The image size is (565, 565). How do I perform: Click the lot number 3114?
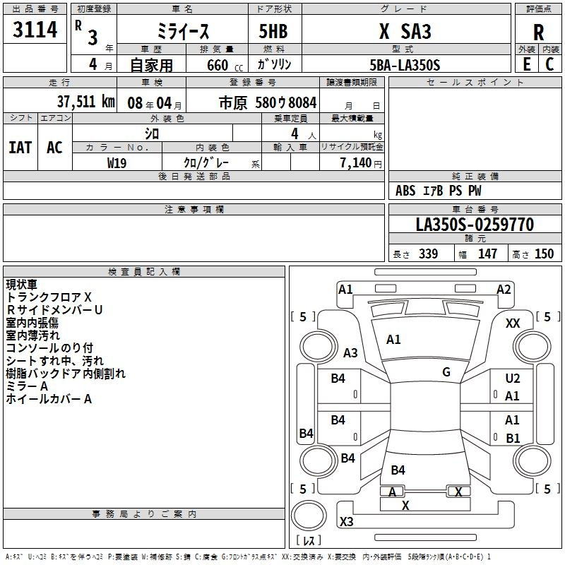click(x=35, y=29)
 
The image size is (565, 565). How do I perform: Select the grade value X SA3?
click(x=405, y=31)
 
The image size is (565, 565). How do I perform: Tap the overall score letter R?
click(x=538, y=32)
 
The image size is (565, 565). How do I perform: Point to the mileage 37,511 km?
click(x=85, y=102)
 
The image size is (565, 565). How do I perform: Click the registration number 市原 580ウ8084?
click(x=268, y=102)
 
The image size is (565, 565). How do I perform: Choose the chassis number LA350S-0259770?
click(x=475, y=225)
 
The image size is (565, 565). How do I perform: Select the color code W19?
click(x=117, y=163)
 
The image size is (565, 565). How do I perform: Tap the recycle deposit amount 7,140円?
click(x=361, y=163)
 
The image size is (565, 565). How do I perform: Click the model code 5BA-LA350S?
click(x=405, y=65)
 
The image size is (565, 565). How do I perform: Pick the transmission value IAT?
click(x=20, y=148)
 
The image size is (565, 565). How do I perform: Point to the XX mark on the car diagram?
click(x=513, y=323)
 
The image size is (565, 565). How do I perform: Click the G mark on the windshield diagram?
click(x=446, y=372)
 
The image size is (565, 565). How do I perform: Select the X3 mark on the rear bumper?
click(x=346, y=521)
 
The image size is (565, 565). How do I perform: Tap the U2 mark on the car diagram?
click(x=513, y=379)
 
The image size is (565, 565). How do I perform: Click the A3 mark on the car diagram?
click(x=350, y=352)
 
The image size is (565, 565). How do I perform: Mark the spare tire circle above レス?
click(x=309, y=516)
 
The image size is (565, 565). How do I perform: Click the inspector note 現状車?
click(x=22, y=285)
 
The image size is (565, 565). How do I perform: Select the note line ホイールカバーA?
click(x=49, y=399)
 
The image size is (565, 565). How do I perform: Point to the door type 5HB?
click(x=273, y=31)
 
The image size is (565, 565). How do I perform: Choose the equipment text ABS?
click(x=405, y=191)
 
